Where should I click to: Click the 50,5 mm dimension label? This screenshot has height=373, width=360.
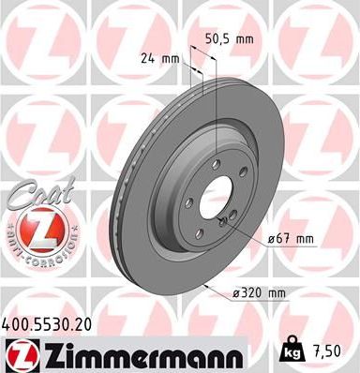(x=229, y=39)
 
